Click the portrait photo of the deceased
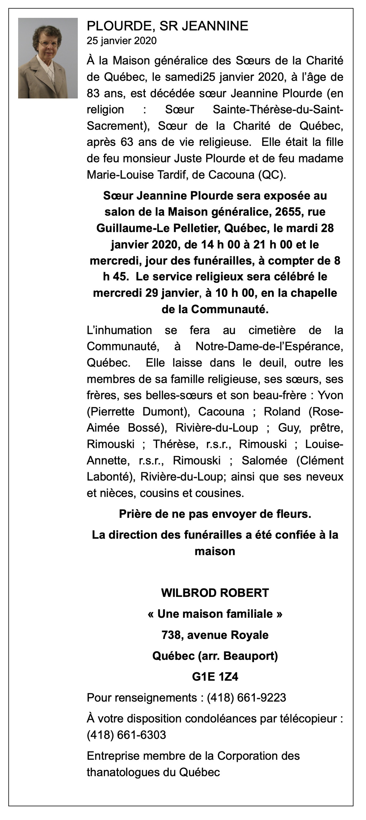tap(48, 58)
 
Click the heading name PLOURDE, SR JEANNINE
tap(167, 26)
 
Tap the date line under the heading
tap(121, 41)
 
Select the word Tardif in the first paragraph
tap(171, 175)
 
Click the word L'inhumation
tap(119, 330)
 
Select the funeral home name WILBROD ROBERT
tap(215, 593)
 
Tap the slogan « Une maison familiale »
tap(215, 614)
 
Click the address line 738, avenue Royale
tap(215, 635)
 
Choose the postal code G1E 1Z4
tap(215, 677)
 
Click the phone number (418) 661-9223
tap(246, 698)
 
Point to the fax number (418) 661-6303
tap(126, 735)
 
